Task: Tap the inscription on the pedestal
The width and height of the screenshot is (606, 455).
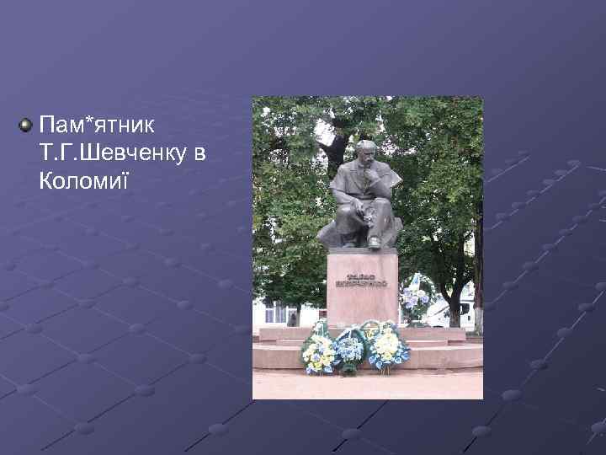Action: point(362,281)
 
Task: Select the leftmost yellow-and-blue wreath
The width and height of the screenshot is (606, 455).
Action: point(318,353)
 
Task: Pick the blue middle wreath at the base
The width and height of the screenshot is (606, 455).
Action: point(349,349)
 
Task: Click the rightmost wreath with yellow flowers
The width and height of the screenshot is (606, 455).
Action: point(385,345)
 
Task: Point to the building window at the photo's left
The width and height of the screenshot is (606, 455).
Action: point(270,313)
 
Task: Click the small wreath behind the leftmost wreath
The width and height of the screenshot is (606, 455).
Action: point(320,328)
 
